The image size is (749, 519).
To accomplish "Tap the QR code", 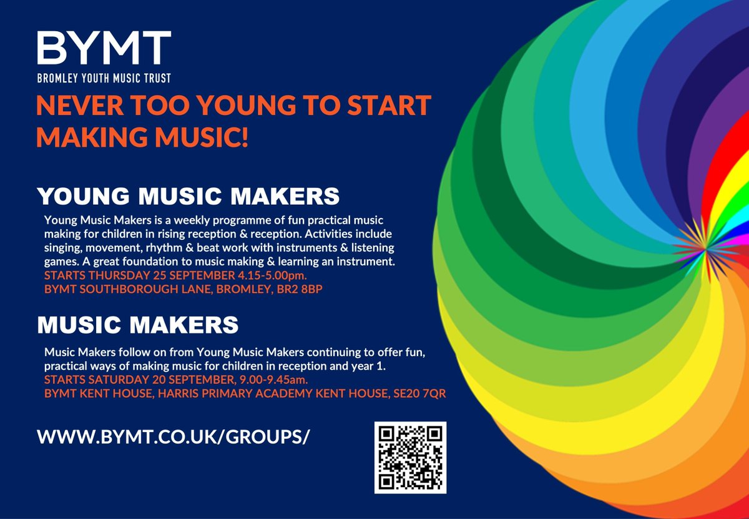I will click(x=410, y=457).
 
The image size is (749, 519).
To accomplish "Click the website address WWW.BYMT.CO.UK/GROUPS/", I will click(x=174, y=437).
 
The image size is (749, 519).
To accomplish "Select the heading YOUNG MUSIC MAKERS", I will click(x=188, y=195).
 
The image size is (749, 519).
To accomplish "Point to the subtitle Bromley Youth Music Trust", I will click(x=104, y=79).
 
